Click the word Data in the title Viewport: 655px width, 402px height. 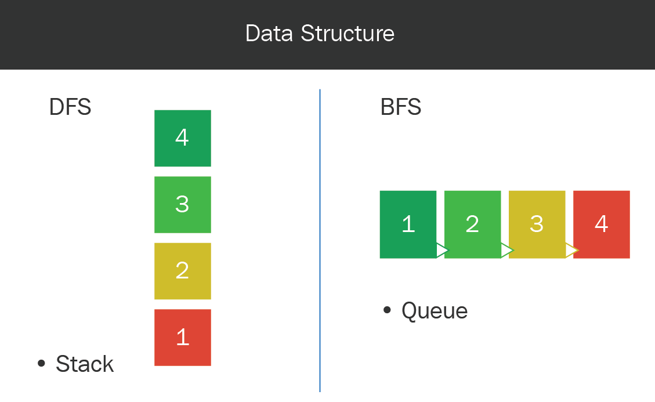pos(269,34)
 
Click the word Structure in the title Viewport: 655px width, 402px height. pos(348,34)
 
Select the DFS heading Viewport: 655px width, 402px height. pos(70,107)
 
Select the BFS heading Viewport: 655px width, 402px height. pos(401,107)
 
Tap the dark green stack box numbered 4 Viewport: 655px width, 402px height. pos(183,138)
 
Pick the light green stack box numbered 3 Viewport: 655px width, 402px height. pos(183,205)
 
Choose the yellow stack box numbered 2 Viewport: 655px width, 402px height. pos(183,271)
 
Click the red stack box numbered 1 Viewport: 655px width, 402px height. pos(183,338)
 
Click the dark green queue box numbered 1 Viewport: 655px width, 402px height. pos(408,224)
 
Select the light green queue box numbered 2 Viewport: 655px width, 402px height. pos(472,224)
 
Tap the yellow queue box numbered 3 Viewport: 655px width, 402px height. pos(537,224)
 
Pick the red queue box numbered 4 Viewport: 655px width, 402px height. pos(602,224)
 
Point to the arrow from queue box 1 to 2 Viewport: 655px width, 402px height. pos(442,251)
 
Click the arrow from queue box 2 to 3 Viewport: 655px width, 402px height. pos(506,251)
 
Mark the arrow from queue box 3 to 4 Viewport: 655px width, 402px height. pos(571,251)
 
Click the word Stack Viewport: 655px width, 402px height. pos(85,364)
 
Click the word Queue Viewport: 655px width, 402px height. pos(435,311)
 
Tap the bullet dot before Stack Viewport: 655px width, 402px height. pos(41,363)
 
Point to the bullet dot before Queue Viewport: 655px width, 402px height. pos(387,310)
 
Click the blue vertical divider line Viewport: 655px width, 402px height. pos(320,241)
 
